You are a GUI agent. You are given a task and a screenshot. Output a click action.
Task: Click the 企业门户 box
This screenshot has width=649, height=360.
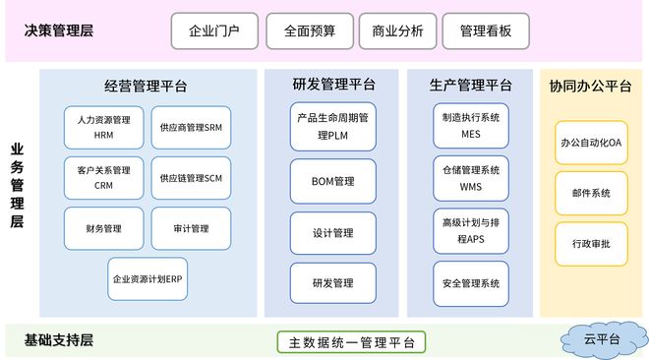(x=216, y=30)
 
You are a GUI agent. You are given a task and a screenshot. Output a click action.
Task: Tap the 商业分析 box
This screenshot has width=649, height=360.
(x=397, y=30)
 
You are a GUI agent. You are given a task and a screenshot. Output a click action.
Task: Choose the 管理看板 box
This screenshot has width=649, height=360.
(x=485, y=30)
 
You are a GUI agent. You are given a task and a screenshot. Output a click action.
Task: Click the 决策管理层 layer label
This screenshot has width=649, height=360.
(x=60, y=30)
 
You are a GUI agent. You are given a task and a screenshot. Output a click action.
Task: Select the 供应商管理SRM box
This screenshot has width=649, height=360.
(x=192, y=127)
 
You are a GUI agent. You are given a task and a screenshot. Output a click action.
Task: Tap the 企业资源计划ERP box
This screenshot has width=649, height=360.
(x=147, y=278)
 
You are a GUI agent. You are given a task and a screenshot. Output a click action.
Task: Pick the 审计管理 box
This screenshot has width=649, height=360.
(x=192, y=228)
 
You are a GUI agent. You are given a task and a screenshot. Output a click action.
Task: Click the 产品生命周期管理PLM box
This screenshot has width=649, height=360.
(x=332, y=128)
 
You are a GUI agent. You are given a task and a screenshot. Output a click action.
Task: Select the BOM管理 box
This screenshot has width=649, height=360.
(x=332, y=181)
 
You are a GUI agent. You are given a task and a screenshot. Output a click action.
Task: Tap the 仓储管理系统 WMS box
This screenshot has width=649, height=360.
(x=471, y=177)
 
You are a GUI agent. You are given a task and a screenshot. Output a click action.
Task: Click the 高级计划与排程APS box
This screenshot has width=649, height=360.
(x=471, y=231)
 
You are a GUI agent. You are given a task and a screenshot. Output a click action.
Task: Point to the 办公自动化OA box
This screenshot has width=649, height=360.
(x=591, y=143)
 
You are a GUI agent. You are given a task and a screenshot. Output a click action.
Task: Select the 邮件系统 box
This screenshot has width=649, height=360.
(x=591, y=194)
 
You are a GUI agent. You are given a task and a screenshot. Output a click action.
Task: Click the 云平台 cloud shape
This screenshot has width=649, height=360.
(x=602, y=338)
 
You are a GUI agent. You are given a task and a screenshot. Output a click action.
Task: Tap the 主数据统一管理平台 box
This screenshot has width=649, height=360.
(x=351, y=342)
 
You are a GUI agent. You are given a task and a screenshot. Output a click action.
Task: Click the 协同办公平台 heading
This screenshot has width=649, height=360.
(x=590, y=86)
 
